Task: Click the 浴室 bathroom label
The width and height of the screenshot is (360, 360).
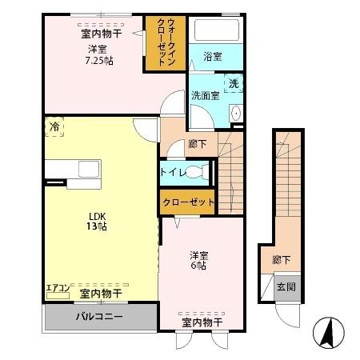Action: point(212,57)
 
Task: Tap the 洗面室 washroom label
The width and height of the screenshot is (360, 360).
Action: point(205,95)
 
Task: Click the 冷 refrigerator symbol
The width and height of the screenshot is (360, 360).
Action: point(54,126)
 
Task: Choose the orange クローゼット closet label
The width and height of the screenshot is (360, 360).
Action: point(188,202)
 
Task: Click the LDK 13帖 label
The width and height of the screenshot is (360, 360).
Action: point(97,221)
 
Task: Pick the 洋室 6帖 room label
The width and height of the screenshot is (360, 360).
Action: point(198,261)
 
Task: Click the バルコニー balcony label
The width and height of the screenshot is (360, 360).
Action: point(98,317)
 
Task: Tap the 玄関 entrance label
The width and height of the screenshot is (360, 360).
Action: point(286,286)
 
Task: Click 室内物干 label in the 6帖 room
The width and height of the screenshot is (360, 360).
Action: point(201,322)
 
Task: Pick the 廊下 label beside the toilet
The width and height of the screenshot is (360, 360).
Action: point(198,144)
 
